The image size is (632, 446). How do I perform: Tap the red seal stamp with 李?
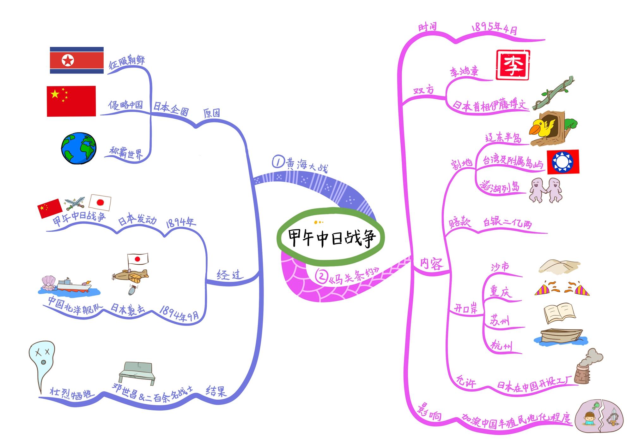[513, 66]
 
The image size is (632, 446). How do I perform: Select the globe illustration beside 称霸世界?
[79, 148]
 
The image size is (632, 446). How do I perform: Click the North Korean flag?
[77, 60]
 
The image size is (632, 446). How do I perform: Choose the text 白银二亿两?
[507, 223]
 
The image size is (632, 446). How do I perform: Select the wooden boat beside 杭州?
[561, 337]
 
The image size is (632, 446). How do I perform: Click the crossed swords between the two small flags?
[75, 204]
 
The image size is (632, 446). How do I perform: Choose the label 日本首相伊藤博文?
[491, 105]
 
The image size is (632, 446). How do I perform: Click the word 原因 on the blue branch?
[211, 113]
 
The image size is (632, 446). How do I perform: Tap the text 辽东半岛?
[503, 138]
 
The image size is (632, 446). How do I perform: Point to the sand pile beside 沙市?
[559, 267]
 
